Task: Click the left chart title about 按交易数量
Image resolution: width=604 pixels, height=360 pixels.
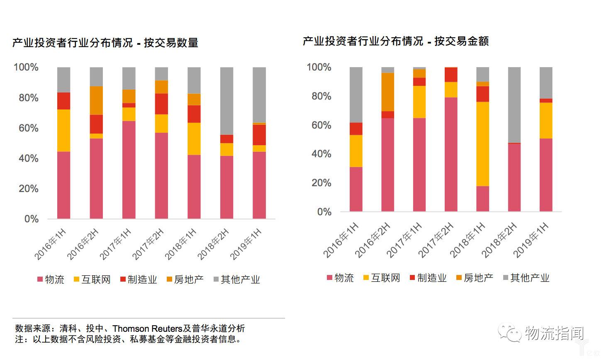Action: coord(105,43)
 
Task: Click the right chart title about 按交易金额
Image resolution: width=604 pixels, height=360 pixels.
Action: coord(396,41)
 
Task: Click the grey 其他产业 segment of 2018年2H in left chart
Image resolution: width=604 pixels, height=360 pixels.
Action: coord(226,101)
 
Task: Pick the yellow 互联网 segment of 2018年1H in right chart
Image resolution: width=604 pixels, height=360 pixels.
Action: coord(482,144)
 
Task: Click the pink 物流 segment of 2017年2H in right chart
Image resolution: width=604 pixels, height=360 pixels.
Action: coord(451,154)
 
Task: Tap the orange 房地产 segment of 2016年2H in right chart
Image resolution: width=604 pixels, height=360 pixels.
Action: coord(387,92)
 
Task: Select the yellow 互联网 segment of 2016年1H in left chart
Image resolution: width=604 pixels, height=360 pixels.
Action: coord(63,130)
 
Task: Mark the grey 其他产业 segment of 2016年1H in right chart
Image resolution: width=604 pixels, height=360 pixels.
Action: coord(356,95)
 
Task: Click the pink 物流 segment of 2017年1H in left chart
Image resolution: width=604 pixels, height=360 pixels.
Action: coord(129,170)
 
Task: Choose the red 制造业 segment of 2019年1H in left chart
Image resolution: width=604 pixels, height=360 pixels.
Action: coord(259,135)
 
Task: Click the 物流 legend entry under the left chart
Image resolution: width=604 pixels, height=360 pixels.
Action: coord(51,280)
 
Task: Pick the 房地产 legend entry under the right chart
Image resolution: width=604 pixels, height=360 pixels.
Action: coord(474,278)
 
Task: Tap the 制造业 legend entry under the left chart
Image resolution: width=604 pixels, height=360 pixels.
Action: coord(138,280)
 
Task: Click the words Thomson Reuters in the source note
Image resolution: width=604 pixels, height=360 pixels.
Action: coord(147,328)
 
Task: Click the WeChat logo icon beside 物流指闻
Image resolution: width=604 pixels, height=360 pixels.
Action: coord(510,333)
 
